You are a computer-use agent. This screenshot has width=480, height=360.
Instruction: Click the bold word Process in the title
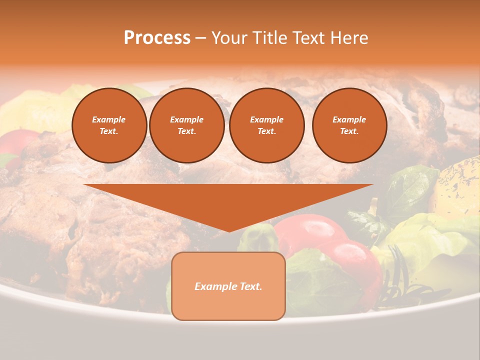[x=157, y=38]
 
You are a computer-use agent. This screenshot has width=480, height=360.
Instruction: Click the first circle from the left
[x=109, y=125]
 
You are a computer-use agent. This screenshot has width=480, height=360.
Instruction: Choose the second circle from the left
[x=187, y=125]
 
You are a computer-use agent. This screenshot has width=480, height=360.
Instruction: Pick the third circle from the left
[x=266, y=125]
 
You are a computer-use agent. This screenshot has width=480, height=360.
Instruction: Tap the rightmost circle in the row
[x=349, y=125]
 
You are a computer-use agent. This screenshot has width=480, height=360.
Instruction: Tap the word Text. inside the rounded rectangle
[x=250, y=286]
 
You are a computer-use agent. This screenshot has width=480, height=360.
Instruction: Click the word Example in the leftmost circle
[x=109, y=119]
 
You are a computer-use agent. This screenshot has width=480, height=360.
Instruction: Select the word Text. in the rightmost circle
[x=349, y=131]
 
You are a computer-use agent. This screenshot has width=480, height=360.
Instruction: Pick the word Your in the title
[x=229, y=38]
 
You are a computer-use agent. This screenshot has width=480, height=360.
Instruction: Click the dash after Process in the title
[x=200, y=38]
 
